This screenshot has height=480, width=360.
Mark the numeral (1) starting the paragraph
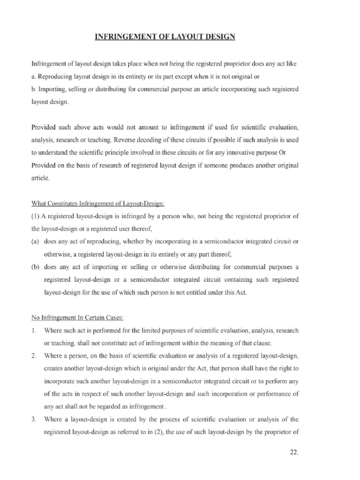36,216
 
